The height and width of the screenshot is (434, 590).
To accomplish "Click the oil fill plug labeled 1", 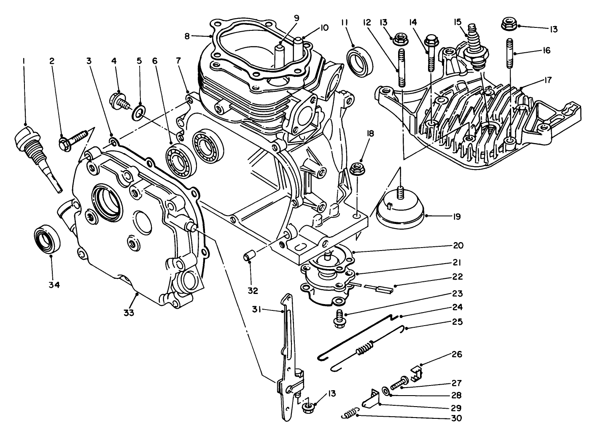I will pos(31,148).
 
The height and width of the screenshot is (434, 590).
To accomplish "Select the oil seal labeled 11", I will pos(360,61).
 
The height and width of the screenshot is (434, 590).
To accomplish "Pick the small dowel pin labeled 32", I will pos(249,256).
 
